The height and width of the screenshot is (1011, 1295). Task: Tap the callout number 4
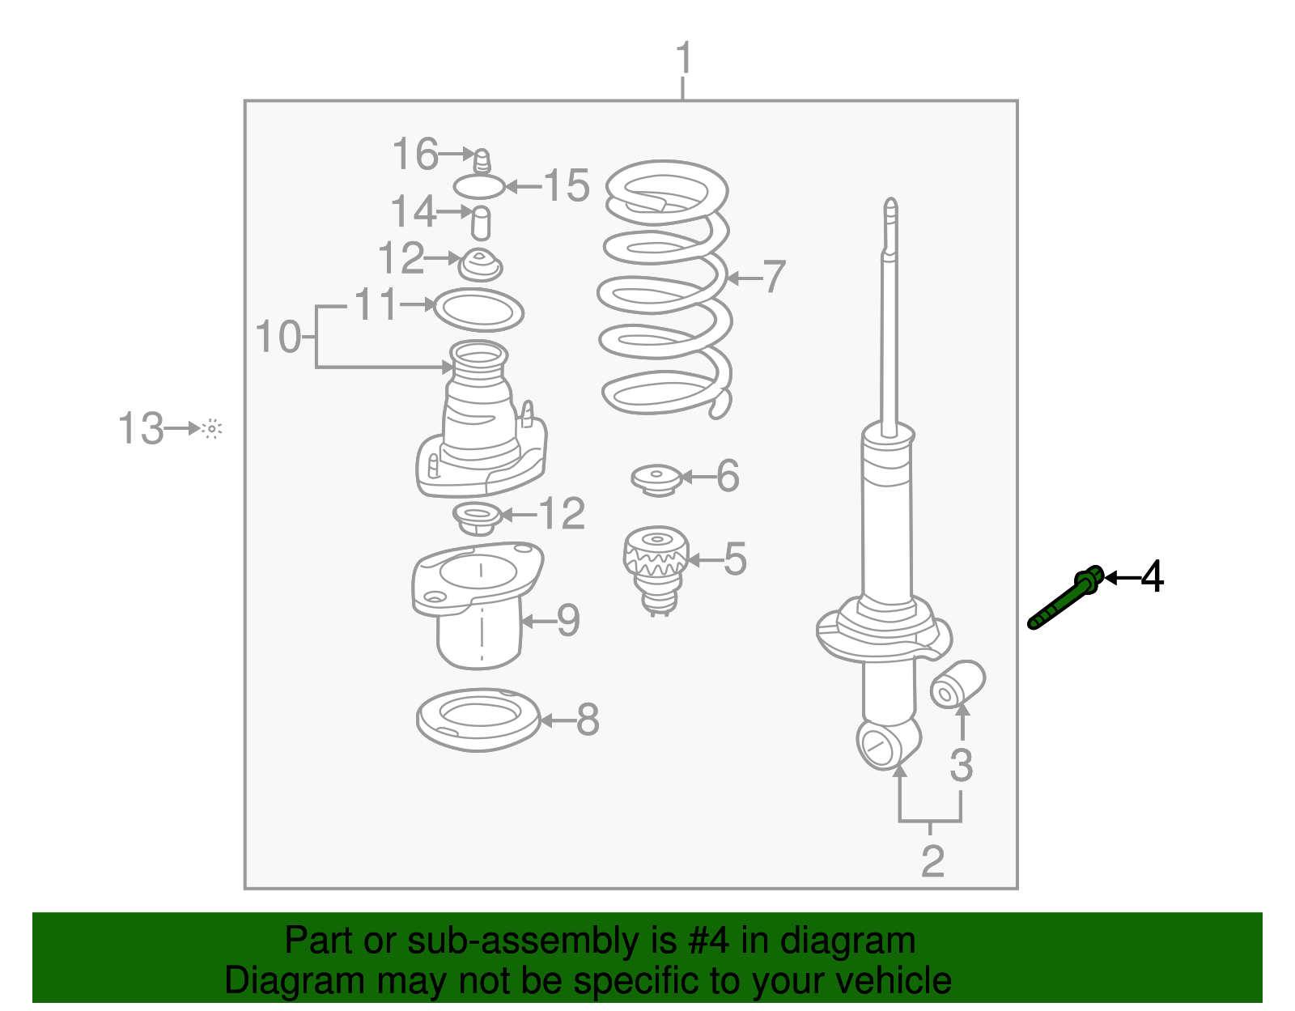tap(1152, 577)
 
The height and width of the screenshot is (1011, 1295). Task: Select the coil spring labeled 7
tap(665, 291)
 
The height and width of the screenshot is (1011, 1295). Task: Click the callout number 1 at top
tap(684, 59)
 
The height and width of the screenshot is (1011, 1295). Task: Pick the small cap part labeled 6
tap(655, 478)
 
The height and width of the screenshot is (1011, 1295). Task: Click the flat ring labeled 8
tap(478, 719)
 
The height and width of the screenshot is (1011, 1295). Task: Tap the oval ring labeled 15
tap(478, 187)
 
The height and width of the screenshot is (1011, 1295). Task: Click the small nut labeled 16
tap(481, 159)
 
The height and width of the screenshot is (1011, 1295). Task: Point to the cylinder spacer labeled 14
tap(481, 223)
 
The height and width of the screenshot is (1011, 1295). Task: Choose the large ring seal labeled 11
tap(478, 310)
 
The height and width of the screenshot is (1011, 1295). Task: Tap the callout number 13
tap(141, 428)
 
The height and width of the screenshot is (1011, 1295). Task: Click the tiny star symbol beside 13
tap(212, 429)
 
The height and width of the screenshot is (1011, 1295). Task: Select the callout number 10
tap(278, 337)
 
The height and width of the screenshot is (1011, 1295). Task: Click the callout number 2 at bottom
tap(932, 860)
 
